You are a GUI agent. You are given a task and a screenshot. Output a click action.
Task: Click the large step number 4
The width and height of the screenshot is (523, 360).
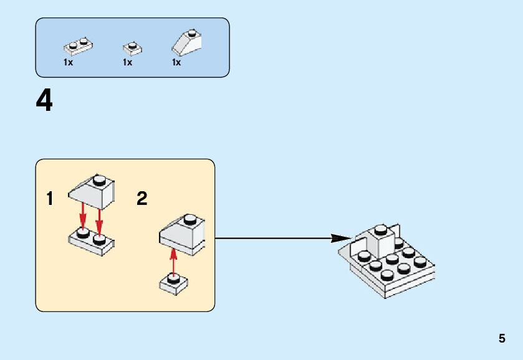[44, 101]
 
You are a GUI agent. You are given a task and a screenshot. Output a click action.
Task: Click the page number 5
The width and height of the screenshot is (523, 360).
[502, 339]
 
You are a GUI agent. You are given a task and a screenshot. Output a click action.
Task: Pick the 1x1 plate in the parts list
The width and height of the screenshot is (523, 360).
[132, 48]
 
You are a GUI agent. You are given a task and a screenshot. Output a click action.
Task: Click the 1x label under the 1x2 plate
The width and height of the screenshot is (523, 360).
[68, 63]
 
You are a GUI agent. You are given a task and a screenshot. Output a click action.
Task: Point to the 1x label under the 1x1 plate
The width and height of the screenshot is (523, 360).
[127, 63]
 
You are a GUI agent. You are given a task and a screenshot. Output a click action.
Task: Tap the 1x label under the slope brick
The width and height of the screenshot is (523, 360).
[176, 63]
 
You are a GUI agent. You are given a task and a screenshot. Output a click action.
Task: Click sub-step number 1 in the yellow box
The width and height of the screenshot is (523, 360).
[50, 199]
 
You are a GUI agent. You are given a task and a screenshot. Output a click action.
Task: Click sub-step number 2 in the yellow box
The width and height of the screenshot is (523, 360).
[142, 199]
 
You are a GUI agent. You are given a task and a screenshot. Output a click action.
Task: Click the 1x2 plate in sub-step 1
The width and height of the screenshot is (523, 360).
[91, 241]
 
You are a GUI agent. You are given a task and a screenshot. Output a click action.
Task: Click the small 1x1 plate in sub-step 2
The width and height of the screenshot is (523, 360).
[174, 283]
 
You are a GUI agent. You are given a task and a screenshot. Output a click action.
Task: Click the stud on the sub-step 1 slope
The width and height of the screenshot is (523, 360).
[98, 181]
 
